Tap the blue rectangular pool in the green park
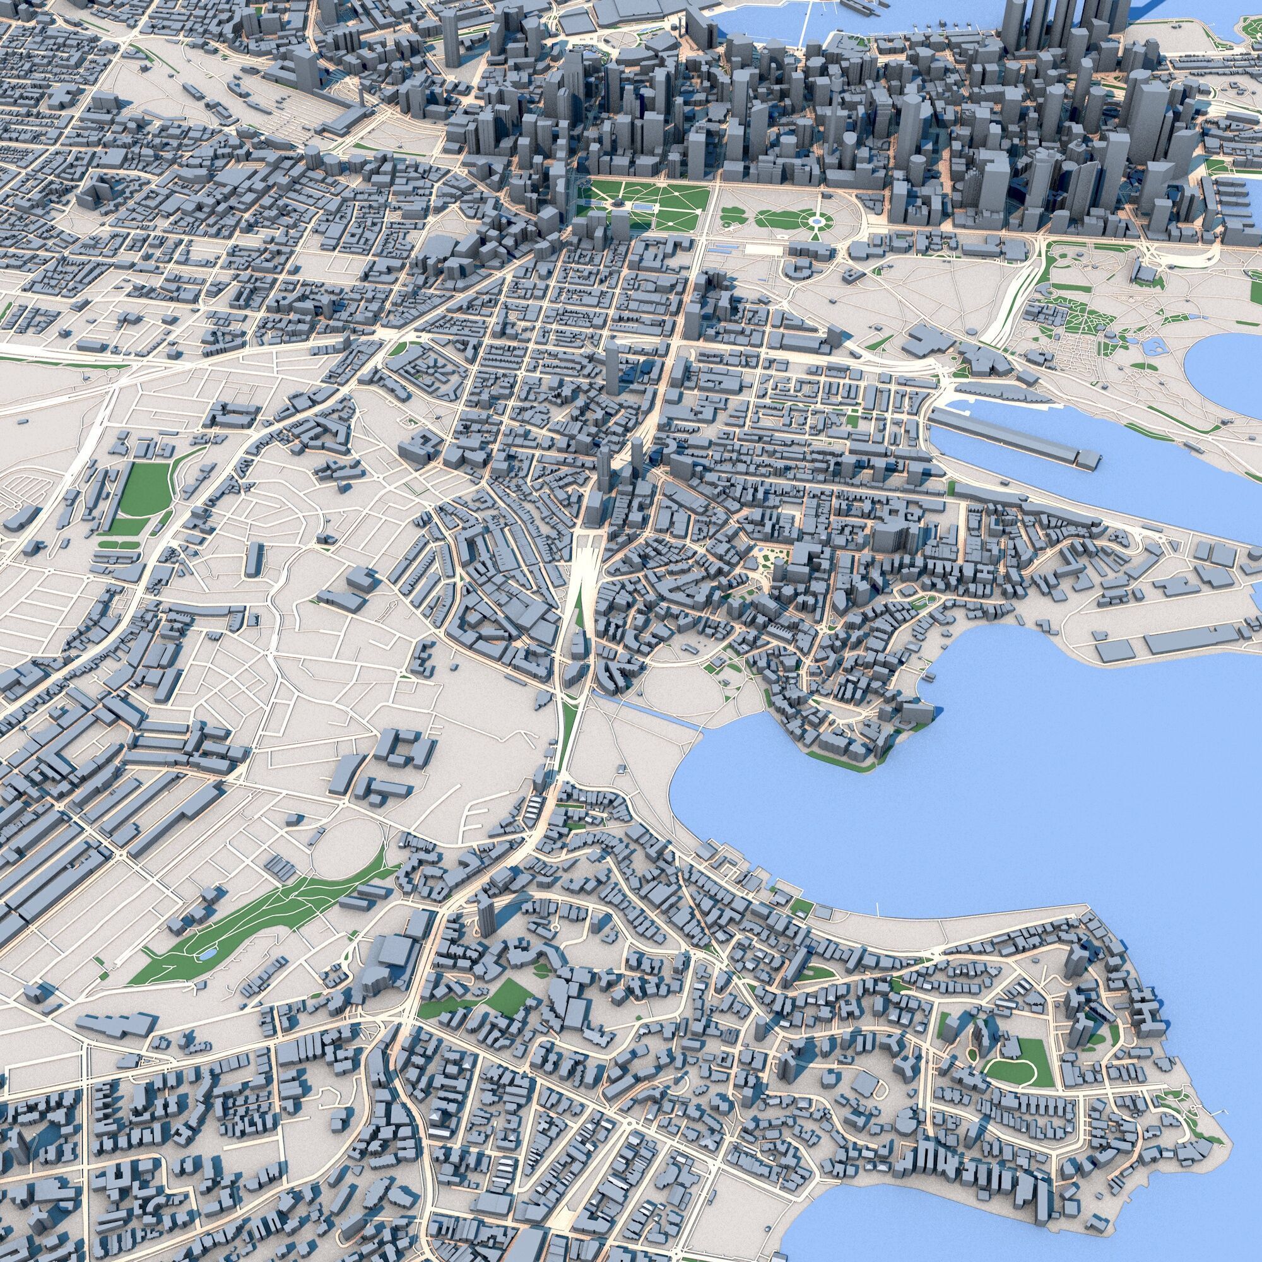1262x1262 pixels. [643, 206]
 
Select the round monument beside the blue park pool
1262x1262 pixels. [618, 205]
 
